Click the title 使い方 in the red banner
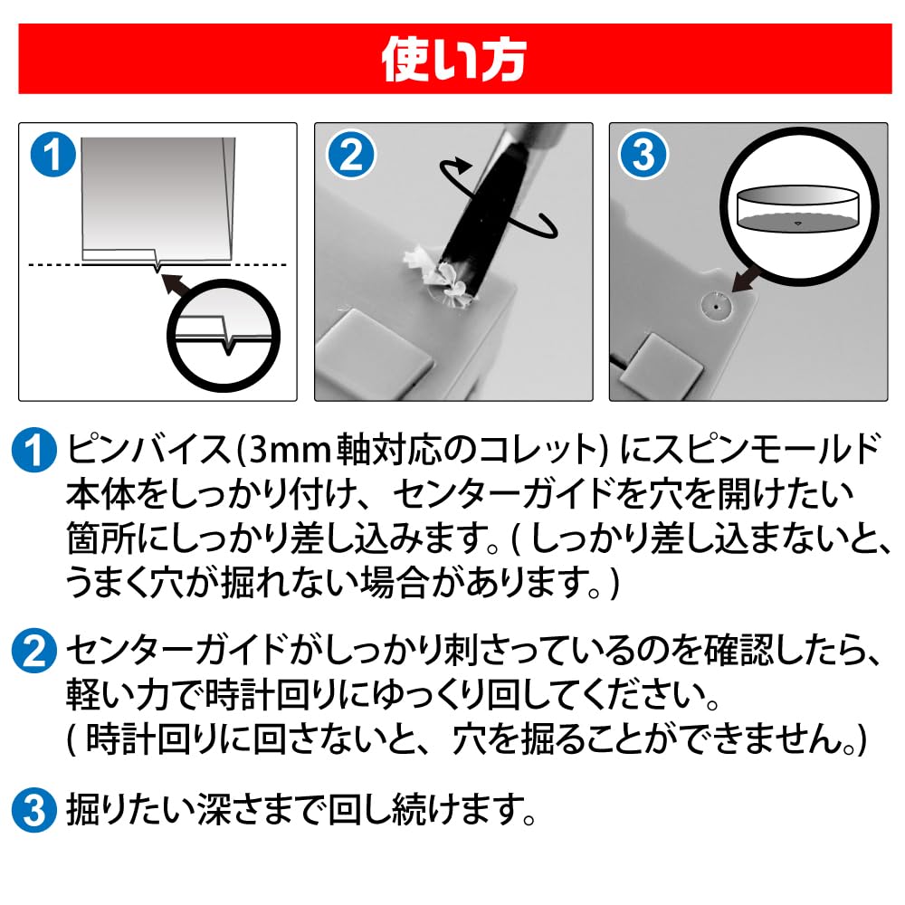(x=453, y=59)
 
